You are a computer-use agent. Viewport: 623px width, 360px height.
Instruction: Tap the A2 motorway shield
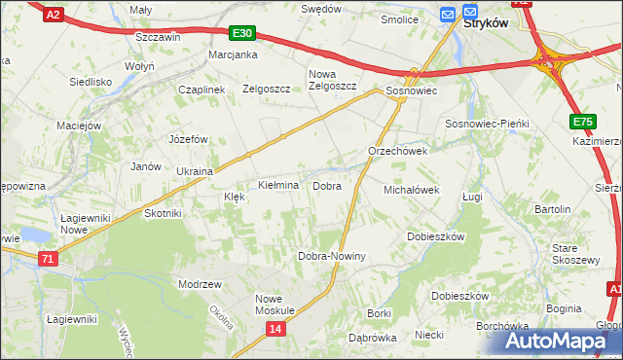click(54, 14)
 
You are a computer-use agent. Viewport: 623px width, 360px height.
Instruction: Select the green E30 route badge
click(243, 33)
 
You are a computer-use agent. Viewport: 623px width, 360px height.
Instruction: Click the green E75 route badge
click(582, 122)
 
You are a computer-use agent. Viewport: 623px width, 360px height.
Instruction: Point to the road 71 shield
click(49, 258)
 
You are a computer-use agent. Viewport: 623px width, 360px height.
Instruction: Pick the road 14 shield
click(275, 330)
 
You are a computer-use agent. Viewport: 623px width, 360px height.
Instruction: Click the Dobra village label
click(326, 185)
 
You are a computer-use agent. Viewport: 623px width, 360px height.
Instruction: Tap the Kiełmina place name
click(277, 185)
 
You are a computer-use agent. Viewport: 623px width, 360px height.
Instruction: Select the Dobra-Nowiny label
click(331, 256)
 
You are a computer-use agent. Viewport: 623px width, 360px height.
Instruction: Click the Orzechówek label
click(398, 152)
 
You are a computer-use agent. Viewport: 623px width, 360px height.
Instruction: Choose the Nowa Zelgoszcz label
click(332, 80)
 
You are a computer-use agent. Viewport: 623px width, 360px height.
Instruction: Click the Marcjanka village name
click(233, 54)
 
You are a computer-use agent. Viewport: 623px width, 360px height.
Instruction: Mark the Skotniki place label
click(163, 213)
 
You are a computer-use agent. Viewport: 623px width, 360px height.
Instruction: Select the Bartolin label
click(552, 209)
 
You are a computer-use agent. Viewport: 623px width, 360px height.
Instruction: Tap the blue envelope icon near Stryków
click(447, 14)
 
